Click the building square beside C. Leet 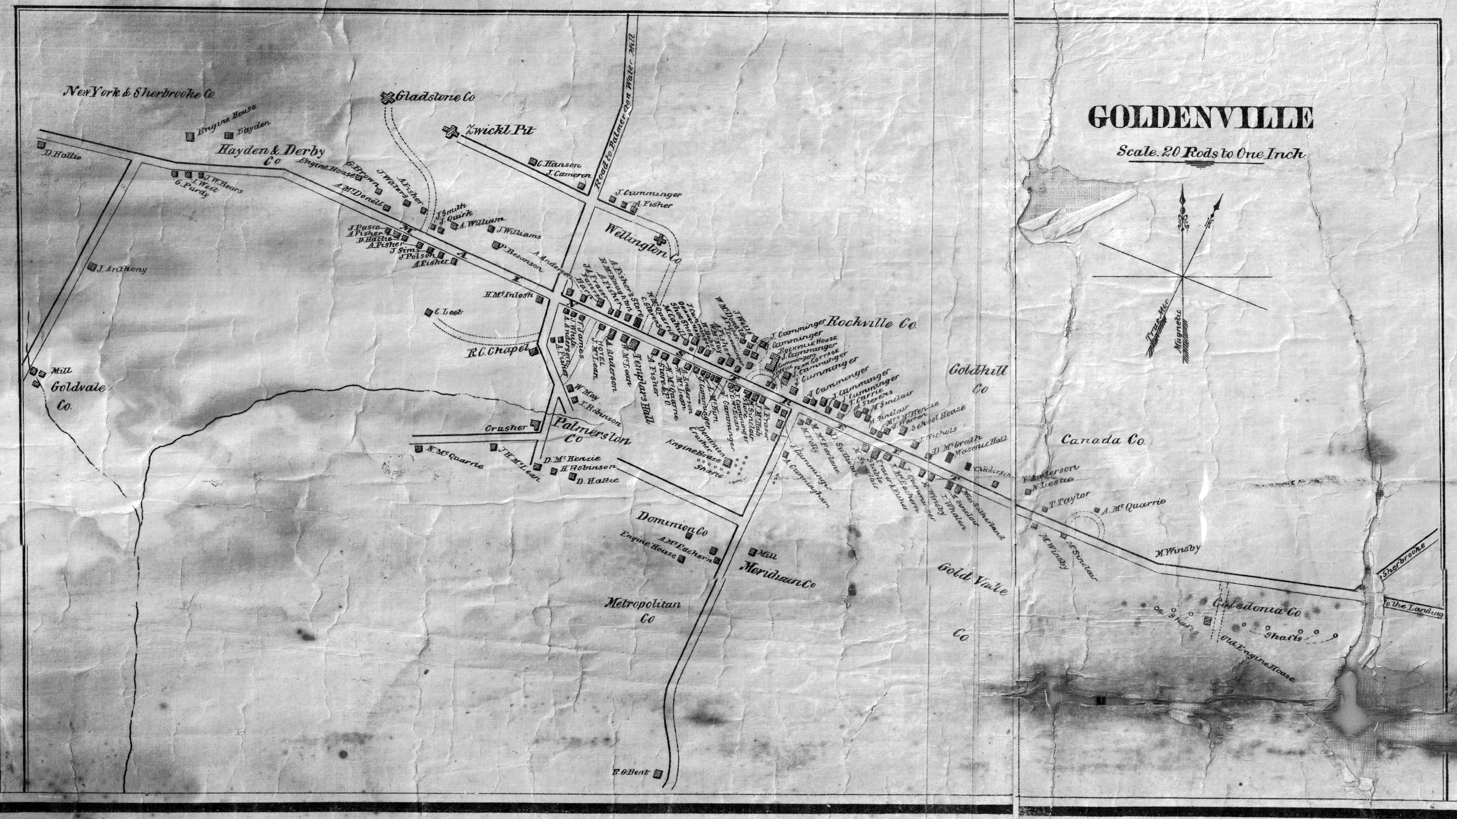(430, 311)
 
